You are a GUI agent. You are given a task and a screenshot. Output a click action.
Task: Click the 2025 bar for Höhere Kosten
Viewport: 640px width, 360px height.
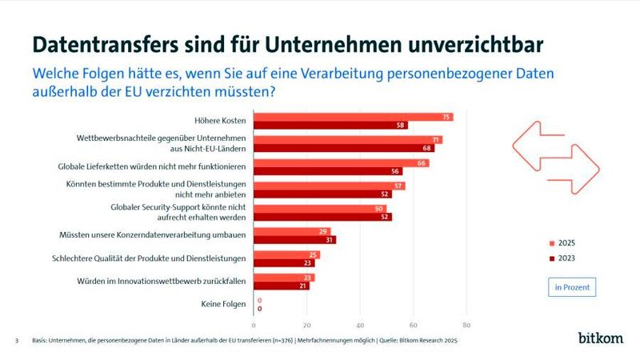click(352, 117)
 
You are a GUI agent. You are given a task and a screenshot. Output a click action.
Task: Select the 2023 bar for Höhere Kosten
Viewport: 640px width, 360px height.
click(330, 126)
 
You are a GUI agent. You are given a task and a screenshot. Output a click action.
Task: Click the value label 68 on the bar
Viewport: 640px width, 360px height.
click(428, 148)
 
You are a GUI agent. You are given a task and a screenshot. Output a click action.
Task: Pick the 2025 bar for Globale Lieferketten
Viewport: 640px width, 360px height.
click(340, 162)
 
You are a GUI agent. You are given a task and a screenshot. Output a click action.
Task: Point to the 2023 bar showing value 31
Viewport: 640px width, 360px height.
click(294, 240)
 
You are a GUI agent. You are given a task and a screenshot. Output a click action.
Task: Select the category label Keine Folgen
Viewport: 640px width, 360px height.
click(222, 305)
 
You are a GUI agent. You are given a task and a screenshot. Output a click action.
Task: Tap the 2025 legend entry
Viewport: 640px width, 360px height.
click(563, 242)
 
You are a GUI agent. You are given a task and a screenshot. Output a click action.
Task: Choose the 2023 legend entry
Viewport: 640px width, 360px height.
click(563, 258)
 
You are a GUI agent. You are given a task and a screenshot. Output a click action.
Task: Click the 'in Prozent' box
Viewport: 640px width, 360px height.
click(574, 286)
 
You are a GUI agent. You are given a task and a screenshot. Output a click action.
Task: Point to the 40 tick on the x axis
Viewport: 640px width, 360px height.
click(360, 326)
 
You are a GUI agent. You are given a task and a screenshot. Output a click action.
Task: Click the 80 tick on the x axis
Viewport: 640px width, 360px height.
click(466, 326)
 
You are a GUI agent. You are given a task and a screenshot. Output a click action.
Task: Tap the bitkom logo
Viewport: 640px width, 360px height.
click(600, 338)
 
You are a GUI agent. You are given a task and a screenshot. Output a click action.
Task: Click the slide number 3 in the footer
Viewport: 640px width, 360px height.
click(17, 341)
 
